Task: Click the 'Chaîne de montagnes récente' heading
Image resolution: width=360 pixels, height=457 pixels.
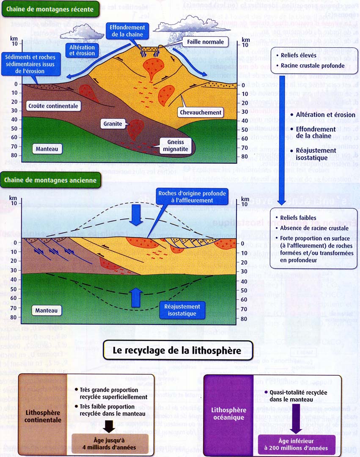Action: tap(50, 9)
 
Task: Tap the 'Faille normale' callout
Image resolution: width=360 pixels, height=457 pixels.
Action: tap(206, 42)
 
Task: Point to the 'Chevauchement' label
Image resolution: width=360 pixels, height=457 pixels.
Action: tap(200, 113)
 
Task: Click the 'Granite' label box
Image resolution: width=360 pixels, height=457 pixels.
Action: tap(112, 124)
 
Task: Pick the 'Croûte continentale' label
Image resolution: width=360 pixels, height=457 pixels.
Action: tap(53, 106)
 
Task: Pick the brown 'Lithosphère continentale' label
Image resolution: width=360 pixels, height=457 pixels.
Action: tap(43, 416)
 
